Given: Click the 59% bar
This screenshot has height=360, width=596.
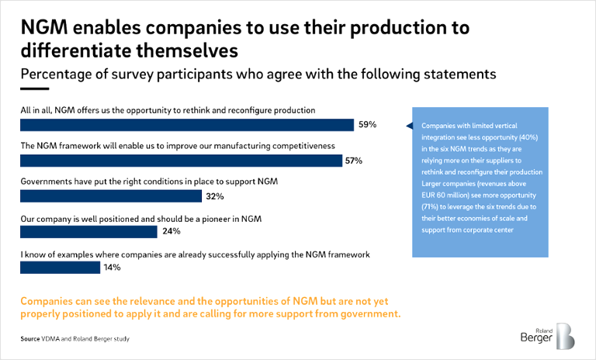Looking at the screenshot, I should pos(187,124).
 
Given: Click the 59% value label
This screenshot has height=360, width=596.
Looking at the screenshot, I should pos(367,124).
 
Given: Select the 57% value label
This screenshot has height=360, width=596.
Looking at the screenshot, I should pos(354,161).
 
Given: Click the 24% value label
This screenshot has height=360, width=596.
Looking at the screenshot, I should pos(171,232).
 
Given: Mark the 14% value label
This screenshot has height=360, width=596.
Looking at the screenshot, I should pos(112,268).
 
